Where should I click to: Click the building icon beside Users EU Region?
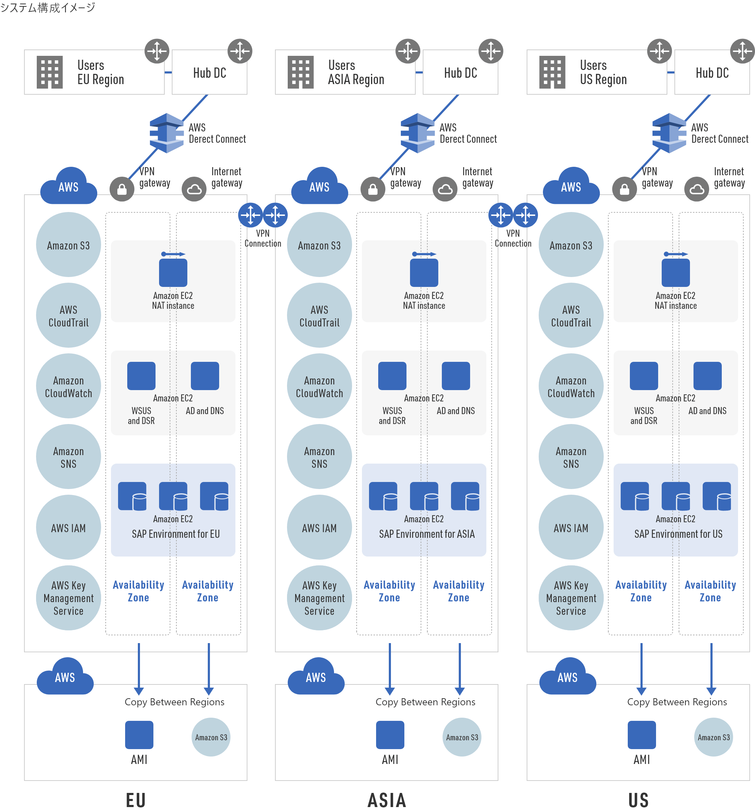point(49,72)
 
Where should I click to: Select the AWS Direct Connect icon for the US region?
point(669,133)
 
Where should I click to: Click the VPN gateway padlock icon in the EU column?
point(122,189)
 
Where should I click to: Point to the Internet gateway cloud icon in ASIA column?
point(445,189)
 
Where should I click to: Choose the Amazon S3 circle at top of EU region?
point(68,245)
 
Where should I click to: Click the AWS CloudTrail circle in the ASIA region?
point(319,316)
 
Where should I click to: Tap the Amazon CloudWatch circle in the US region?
point(571,387)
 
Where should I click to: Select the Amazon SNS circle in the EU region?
point(68,457)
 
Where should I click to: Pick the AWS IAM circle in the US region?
point(571,528)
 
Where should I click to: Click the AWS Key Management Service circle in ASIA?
point(319,598)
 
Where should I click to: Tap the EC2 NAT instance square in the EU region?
point(173,272)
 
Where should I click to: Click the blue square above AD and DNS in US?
point(707,376)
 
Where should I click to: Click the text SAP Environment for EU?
point(176,534)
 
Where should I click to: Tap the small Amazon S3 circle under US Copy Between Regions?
point(713,737)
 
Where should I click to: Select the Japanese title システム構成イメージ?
point(48,7)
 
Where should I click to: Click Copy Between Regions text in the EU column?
point(175,702)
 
